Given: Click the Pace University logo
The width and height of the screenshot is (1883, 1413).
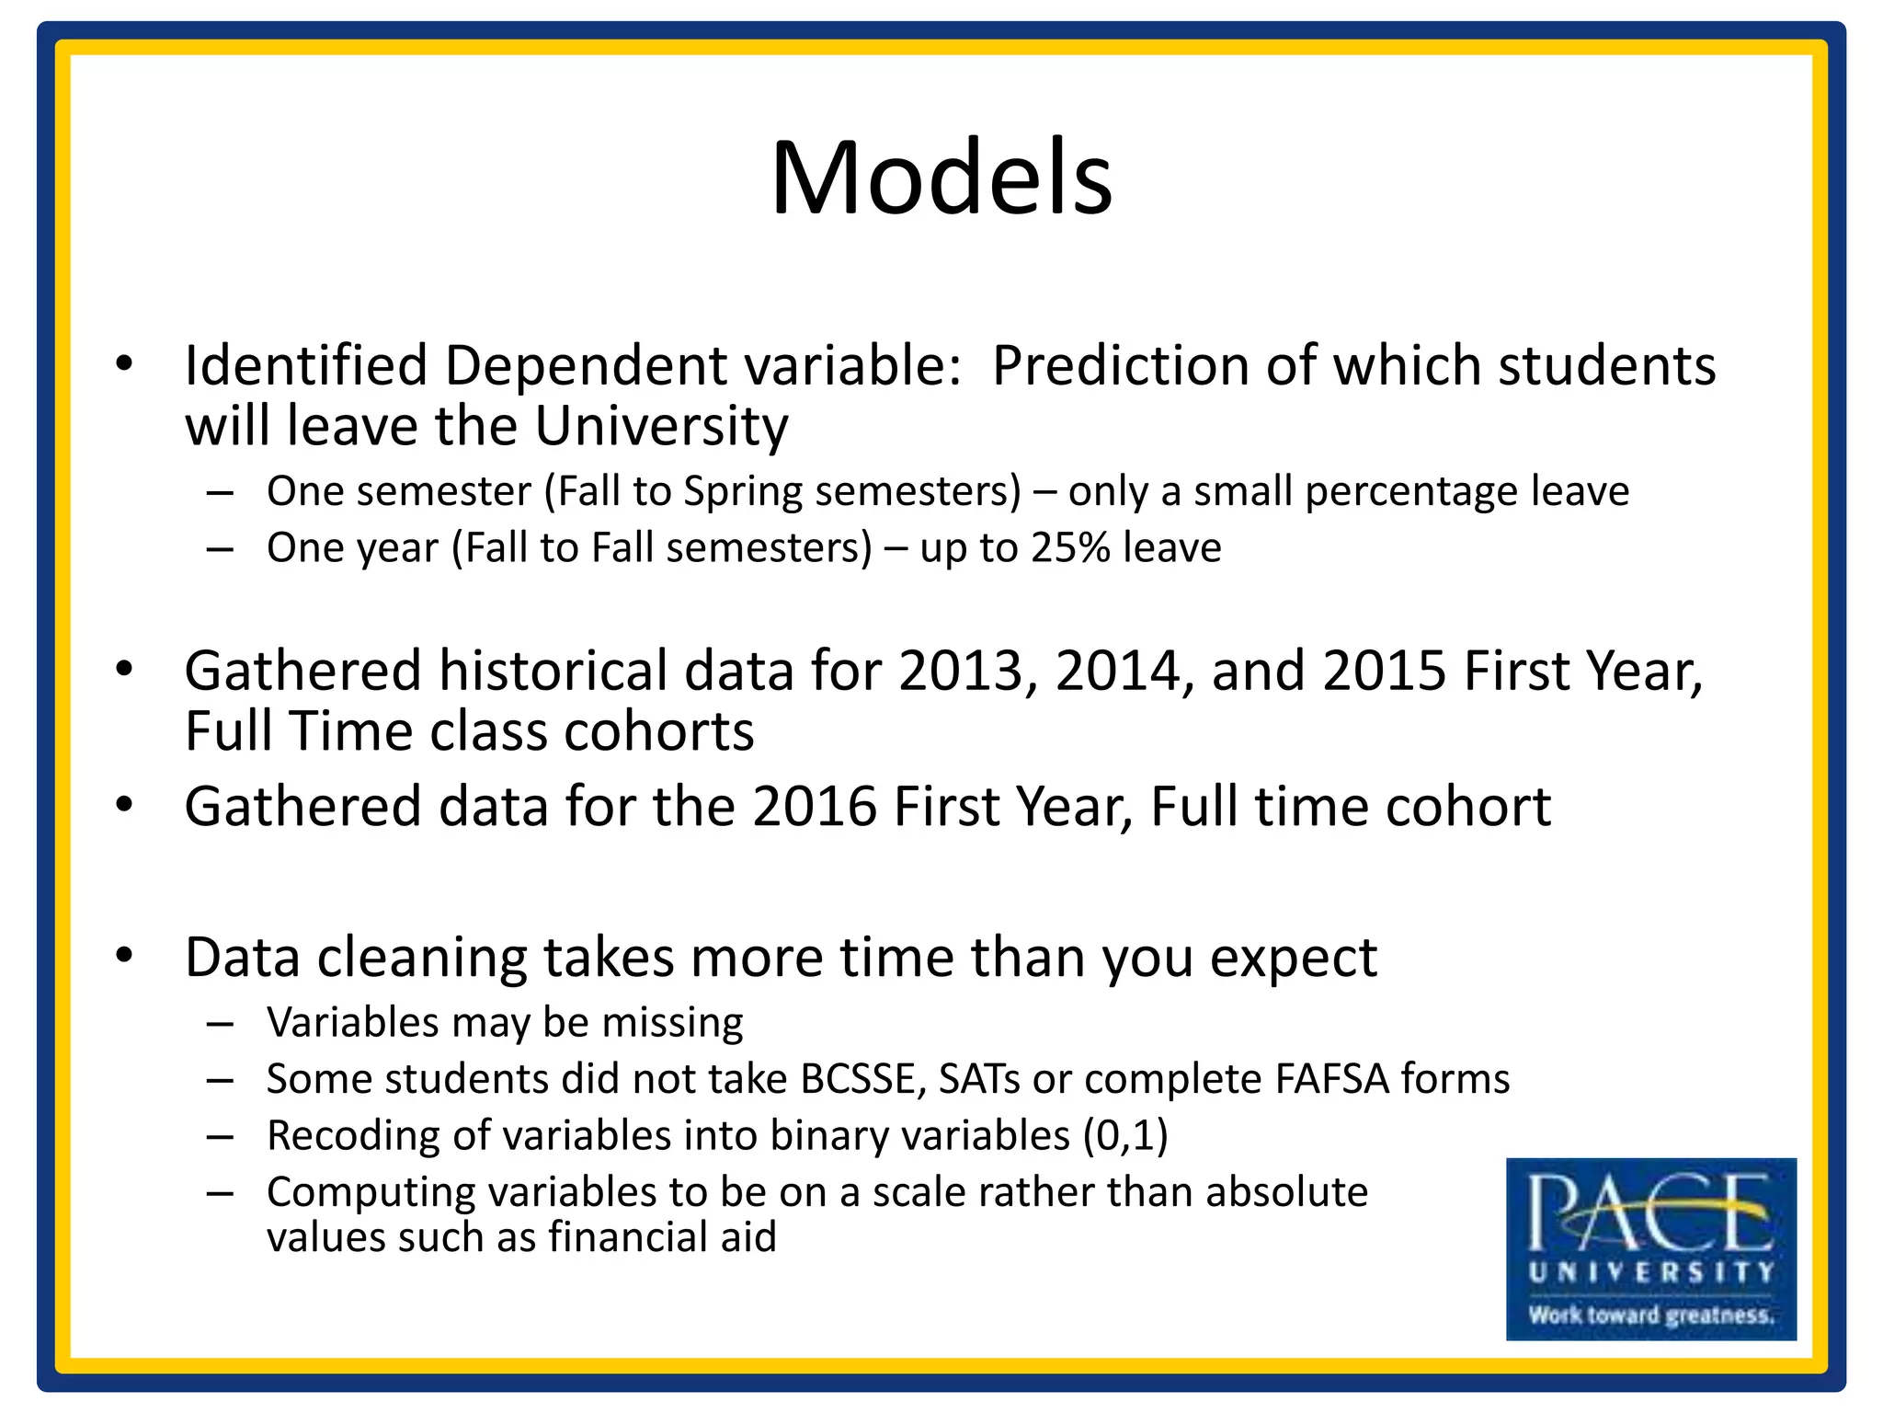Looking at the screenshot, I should tap(1650, 1248).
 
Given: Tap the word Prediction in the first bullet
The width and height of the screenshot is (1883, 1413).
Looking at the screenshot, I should tap(1120, 366).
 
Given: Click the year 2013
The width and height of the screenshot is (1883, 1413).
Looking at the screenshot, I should tap(961, 671).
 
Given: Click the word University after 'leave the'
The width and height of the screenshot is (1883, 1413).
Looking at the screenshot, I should tap(661, 427).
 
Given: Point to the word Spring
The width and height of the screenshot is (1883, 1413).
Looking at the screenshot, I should tap(743, 492).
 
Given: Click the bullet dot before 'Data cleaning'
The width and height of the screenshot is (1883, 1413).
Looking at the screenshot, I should tap(124, 954).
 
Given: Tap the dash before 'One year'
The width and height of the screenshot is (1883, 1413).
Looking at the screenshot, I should tap(220, 549).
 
